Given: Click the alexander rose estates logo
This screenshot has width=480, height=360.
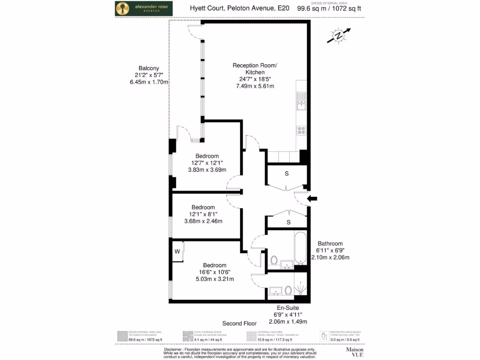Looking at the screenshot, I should [144, 8].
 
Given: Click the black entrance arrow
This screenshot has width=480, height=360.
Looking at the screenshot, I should [312, 199].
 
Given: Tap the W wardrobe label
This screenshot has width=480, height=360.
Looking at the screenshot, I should [178, 251].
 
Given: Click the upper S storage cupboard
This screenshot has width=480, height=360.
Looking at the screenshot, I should [287, 173].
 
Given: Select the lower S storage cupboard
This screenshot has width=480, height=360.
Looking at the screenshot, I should [288, 222].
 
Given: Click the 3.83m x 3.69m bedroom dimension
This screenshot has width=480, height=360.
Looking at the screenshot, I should [207, 170].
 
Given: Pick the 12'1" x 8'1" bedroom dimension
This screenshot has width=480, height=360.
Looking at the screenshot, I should [203, 214].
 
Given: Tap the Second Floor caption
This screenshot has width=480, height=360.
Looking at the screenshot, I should [240, 323].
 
